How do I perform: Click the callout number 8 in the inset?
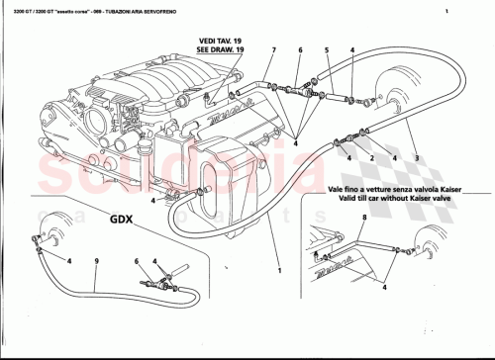pos(363,216)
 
